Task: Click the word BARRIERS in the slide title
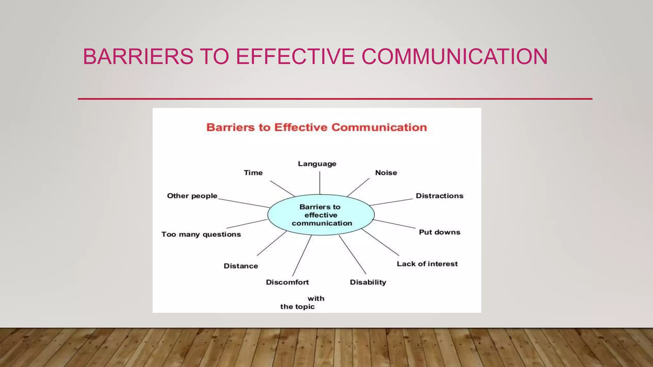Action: [138, 57]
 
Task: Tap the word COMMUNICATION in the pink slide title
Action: [454, 57]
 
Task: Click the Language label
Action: [317, 164]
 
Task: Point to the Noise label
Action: [386, 173]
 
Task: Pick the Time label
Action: [253, 173]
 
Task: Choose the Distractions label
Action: [439, 196]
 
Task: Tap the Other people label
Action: [192, 196]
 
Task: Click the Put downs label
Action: [439, 232]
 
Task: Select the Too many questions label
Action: [201, 234]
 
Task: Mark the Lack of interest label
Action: [427, 264]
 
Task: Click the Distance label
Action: [241, 266]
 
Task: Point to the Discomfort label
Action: [287, 282]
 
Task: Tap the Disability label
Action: [368, 282]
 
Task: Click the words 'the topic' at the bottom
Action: [297, 307]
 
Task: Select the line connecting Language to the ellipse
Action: [320, 183]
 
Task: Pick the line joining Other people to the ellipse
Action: [244, 203]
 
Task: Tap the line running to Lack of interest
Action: [380, 242]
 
